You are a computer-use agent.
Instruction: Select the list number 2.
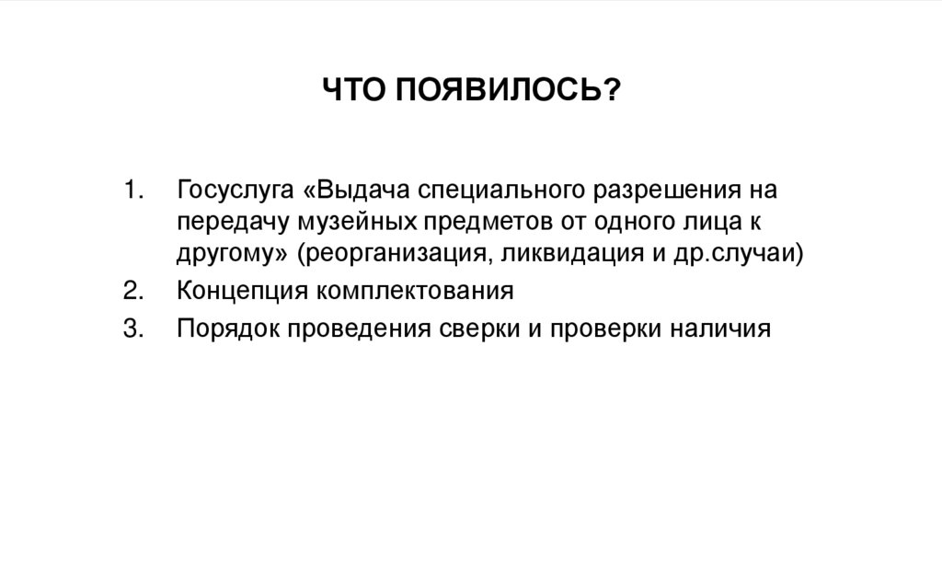coord(133,292)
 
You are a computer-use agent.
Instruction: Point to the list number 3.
coord(133,328)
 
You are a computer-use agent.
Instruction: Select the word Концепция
coord(243,293)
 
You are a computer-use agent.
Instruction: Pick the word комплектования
coord(415,292)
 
